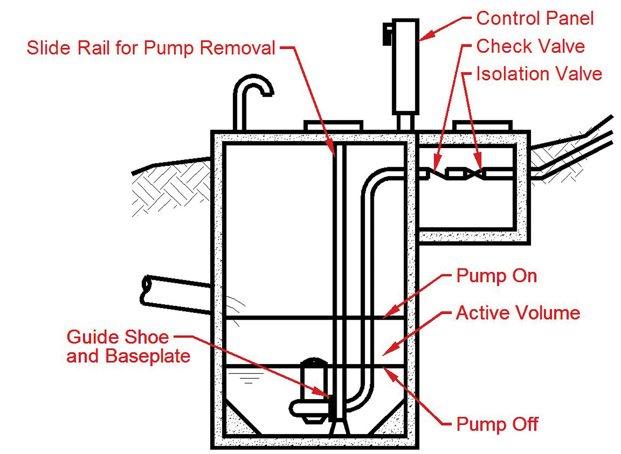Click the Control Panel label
point(535,19)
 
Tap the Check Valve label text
point(530,46)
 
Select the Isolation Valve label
point(538,74)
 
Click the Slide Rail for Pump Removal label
point(151,48)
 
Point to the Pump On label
point(496,276)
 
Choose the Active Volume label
point(518,313)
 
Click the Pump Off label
point(497,424)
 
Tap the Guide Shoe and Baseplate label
point(128,347)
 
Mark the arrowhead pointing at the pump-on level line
point(388,314)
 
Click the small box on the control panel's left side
point(388,34)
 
